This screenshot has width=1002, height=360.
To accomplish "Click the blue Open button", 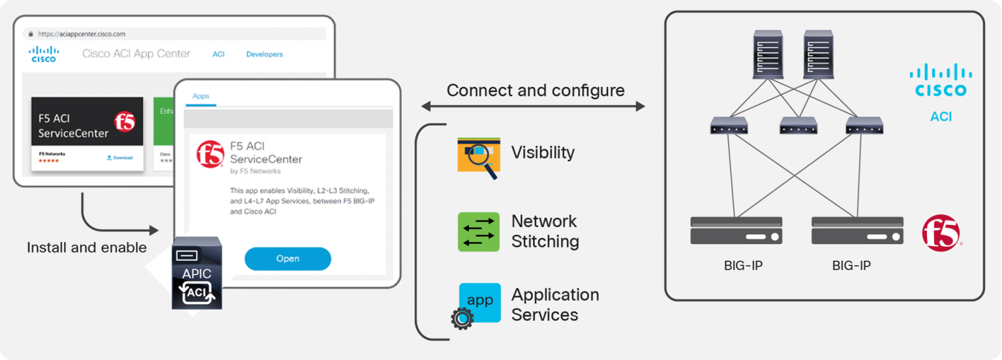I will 288,258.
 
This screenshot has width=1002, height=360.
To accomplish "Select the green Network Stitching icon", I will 479,232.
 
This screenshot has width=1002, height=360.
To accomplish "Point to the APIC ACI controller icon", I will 196,273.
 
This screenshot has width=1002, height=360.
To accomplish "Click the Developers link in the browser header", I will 264,54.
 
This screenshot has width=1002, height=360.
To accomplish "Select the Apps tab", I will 201,96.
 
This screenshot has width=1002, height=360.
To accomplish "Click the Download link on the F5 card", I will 119,157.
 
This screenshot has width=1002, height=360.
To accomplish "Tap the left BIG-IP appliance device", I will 736,230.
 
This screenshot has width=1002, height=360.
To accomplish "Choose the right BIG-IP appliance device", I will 857,230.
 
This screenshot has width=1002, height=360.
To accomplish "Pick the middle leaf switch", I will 797,125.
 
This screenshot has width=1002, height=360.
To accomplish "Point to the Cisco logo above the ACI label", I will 940,80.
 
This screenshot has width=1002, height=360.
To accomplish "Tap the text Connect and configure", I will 536,90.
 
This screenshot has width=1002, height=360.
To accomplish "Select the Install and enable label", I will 87,248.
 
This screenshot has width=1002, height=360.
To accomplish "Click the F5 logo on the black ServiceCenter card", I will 125,121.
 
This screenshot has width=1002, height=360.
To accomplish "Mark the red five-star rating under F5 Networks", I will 49,160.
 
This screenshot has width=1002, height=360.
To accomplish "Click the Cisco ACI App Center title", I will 136,53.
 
